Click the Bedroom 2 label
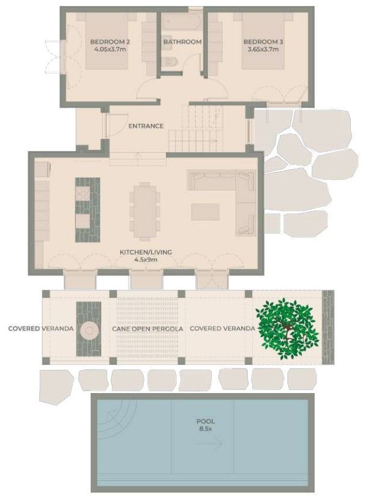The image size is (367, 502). pyautogui.click(x=110, y=42)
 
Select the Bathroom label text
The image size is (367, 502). pyautogui.click(x=182, y=42)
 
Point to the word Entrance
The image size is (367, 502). pyautogui.click(x=146, y=126)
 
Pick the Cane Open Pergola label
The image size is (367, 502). pyautogui.click(x=147, y=329)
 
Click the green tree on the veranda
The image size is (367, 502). pyautogui.click(x=287, y=328)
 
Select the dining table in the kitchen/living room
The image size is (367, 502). pyautogui.click(x=145, y=211)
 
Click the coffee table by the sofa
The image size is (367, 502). pyautogui.click(x=206, y=211)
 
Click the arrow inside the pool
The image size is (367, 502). pyautogui.click(x=208, y=444)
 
